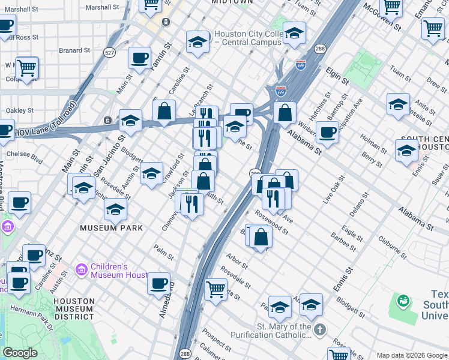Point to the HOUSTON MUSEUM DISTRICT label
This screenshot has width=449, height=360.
tap(74, 306)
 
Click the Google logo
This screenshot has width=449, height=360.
tap(20, 353)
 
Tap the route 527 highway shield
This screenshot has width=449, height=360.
tap(109, 53)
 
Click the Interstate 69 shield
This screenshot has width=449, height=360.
tap(281, 91)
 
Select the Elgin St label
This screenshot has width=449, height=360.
tap(337, 77)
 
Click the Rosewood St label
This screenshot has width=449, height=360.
tap(271, 221)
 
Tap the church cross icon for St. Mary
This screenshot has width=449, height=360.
tap(320, 329)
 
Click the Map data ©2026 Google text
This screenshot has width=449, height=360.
tap(411, 355)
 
